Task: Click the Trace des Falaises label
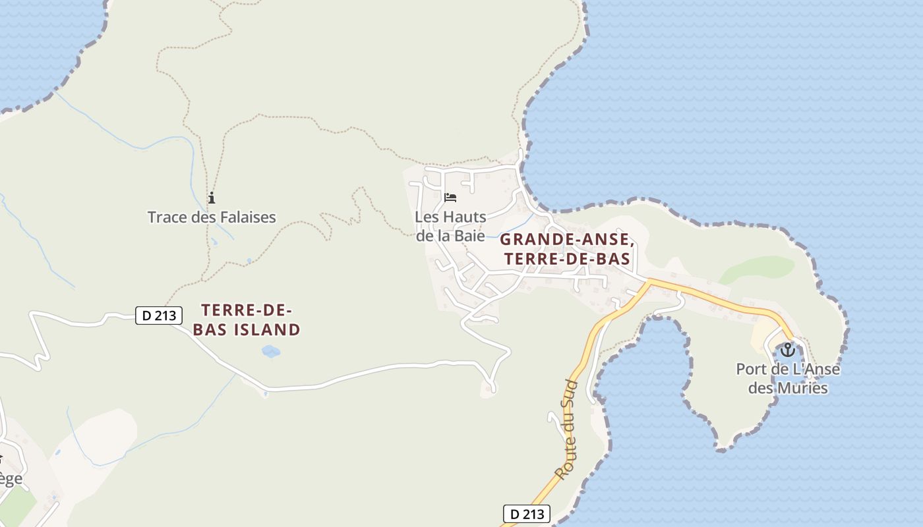pyautogui.click(x=212, y=217)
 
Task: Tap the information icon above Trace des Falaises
pyautogui.click(x=212, y=198)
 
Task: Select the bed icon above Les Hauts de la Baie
pyautogui.click(x=450, y=197)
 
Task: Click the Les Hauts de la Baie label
pyautogui.click(x=450, y=225)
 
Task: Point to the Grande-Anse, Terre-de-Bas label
pyautogui.click(x=567, y=249)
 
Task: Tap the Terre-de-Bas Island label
pyautogui.click(x=247, y=319)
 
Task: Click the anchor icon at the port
pyautogui.click(x=787, y=349)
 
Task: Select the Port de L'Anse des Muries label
pyautogui.click(x=788, y=378)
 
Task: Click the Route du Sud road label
pyautogui.click(x=568, y=430)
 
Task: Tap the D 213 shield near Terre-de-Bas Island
pyautogui.click(x=159, y=316)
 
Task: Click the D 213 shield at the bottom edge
pyautogui.click(x=526, y=514)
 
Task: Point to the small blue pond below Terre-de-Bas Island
pyautogui.click(x=270, y=351)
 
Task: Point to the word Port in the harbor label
pyautogui.click(x=751, y=369)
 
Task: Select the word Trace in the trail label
pyautogui.click(x=166, y=217)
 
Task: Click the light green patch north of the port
pyautogui.click(x=757, y=269)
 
